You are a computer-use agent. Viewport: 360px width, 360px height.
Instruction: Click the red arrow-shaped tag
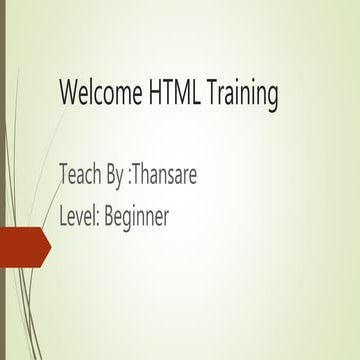tap(22, 247)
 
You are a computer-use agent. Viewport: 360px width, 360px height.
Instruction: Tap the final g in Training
tap(271, 97)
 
